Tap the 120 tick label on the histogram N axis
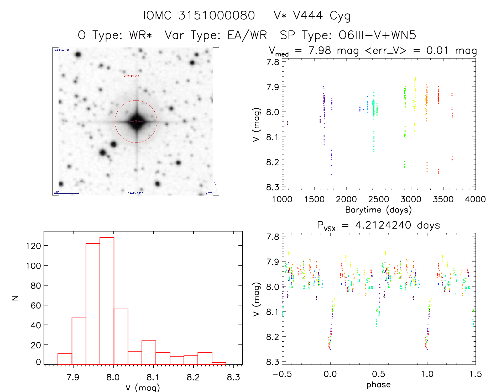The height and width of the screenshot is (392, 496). [34, 246]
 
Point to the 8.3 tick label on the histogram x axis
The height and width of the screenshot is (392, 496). [233, 377]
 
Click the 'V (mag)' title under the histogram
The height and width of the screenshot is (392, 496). [143, 388]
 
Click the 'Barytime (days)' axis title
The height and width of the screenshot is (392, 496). [378, 210]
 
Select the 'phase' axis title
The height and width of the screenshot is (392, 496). [378, 385]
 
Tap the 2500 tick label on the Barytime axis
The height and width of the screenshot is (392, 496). [378, 199]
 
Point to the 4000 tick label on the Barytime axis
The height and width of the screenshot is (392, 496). [475, 199]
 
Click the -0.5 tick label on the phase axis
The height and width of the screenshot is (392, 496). [282, 374]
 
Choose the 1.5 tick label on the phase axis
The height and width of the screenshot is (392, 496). [476, 374]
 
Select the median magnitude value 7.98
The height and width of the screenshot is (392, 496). [320, 50]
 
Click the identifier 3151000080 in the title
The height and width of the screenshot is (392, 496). [217, 15]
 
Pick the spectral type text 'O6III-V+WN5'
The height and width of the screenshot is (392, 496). [377, 35]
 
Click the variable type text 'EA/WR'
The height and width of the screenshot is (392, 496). [247, 35]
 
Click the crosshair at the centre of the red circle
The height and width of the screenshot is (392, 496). [136, 121]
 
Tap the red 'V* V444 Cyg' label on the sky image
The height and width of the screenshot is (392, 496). [132, 76]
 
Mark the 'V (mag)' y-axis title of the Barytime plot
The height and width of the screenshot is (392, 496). [256, 125]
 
